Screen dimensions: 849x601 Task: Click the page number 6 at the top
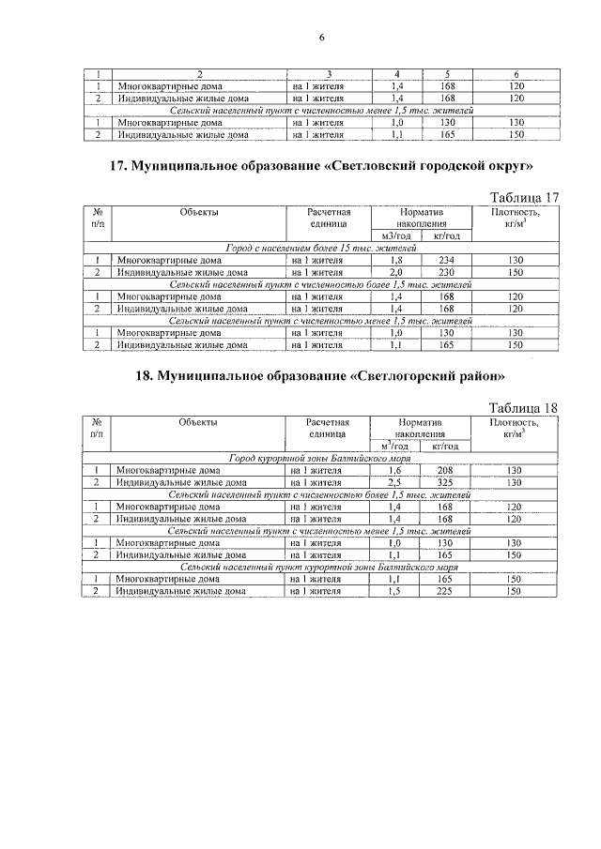(321, 38)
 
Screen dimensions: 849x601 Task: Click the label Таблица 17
(525, 197)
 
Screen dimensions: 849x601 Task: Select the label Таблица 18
(525, 408)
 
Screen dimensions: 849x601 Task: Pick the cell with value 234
(446, 260)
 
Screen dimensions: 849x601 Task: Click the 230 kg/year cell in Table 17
(446, 272)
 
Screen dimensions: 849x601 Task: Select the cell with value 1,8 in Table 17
(396, 260)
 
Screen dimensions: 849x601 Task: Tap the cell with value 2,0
(396, 272)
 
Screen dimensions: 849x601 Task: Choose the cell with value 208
(446, 470)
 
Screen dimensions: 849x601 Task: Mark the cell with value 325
(446, 482)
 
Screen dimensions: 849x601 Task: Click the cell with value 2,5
(396, 482)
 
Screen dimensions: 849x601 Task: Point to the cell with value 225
(446, 592)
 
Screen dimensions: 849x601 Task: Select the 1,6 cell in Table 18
(396, 470)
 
